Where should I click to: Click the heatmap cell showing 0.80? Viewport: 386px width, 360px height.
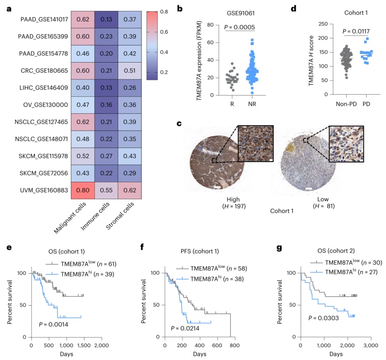[83, 191]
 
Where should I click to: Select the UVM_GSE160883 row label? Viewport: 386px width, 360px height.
[44, 190]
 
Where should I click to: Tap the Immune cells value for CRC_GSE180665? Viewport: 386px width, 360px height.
[106, 71]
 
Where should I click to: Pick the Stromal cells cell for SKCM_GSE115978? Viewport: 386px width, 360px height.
[130, 156]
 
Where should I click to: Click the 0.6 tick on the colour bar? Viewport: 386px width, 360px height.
[164, 32]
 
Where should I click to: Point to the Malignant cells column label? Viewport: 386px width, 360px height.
[70, 217]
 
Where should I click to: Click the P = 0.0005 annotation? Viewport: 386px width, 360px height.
[240, 27]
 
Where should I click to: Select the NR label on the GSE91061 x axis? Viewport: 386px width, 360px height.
[252, 104]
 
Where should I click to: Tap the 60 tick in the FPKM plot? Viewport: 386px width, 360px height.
[210, 42]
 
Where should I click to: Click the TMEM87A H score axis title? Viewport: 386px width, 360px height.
[311, 61]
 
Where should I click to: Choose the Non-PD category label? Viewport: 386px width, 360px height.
[346, 104]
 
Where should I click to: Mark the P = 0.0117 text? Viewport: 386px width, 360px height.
[356, 31]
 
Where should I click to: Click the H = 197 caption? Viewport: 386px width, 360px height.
[234, 206]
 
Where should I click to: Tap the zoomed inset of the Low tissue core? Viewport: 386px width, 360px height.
[346, 143]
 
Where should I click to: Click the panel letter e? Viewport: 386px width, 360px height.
[9, 247]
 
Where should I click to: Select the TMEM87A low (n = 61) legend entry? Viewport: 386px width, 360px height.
[81, 264]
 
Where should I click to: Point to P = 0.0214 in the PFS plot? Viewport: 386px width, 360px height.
[185, 328]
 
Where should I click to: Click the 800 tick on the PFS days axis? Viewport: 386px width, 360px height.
[235, 345]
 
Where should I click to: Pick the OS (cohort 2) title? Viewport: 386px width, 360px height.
[336, 251]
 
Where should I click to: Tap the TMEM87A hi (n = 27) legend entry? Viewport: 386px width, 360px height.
[344, 272]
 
